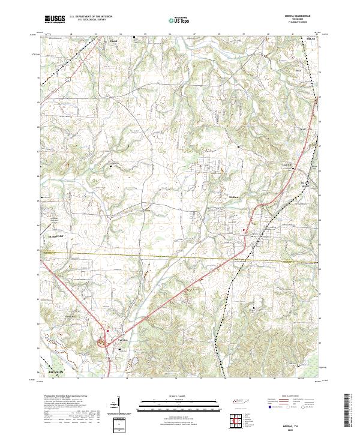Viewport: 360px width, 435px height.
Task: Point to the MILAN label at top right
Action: click(x=310, y=38)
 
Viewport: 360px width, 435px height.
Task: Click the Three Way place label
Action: click(x=71, y=315)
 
